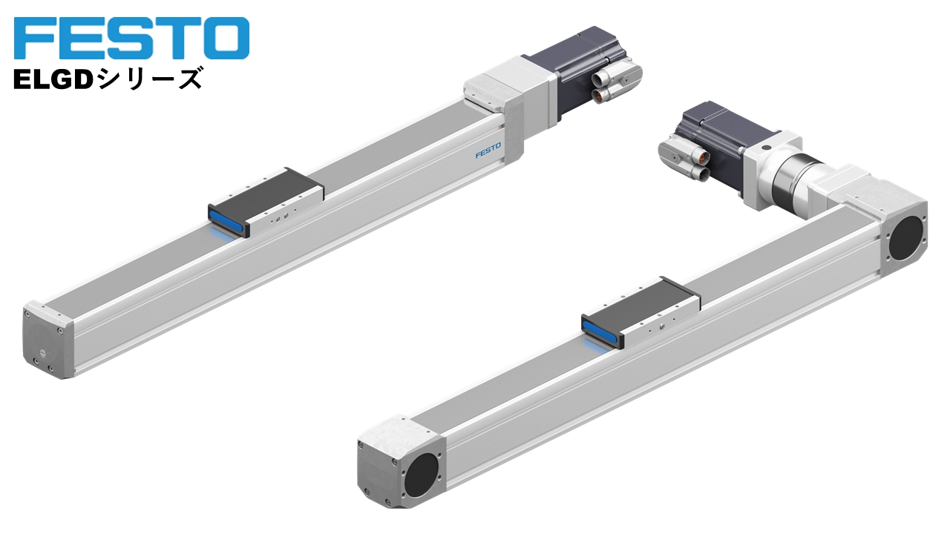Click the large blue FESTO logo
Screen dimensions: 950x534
131,38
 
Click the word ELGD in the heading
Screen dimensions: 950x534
53,79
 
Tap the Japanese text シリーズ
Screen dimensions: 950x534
149,79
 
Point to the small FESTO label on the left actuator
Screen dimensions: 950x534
488,151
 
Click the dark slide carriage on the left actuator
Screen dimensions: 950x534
266,201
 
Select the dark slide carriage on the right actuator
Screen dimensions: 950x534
641,311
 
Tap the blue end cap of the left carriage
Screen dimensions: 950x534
227,220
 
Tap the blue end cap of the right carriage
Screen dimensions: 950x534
601,334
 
